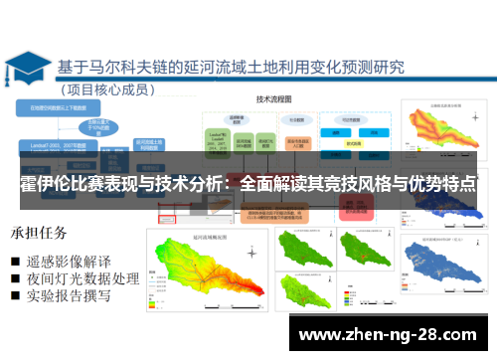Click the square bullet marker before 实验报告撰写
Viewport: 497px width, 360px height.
pyautogui.click(x=17, y=296)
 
